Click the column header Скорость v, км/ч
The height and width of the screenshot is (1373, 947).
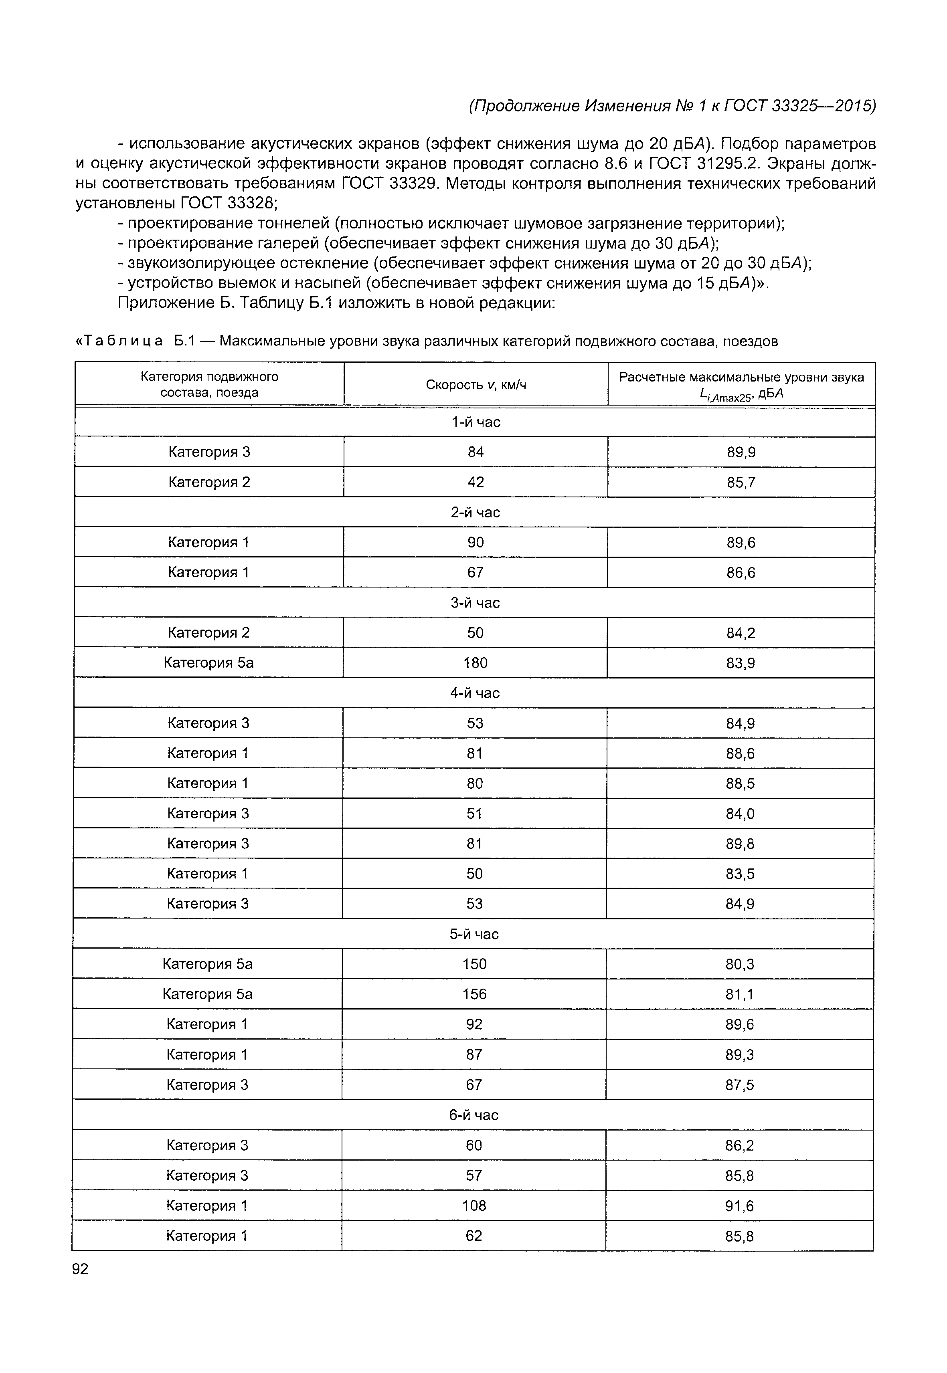coord(476,385)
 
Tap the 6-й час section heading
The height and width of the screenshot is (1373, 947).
coord(473,1115)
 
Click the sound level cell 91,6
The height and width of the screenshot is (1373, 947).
coord(739,1206)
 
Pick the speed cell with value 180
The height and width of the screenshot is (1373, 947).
coord(475,662)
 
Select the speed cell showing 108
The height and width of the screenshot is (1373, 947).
coord(474,1206)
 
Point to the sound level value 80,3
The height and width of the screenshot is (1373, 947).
coord(739,964)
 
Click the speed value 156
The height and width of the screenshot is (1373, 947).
coord(474,994)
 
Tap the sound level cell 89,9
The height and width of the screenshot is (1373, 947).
coord(741,452)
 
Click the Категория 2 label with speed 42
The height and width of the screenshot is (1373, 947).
coord(209,482)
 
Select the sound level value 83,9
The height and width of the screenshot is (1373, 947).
coord(741,663)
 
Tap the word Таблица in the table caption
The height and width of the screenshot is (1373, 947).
coord(123,341)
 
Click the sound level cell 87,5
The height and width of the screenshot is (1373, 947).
coord(739,1085)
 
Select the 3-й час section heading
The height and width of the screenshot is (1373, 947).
coord(475,603)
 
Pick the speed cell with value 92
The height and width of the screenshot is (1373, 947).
coord(474,1024)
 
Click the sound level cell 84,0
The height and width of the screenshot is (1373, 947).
coord(740,814)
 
